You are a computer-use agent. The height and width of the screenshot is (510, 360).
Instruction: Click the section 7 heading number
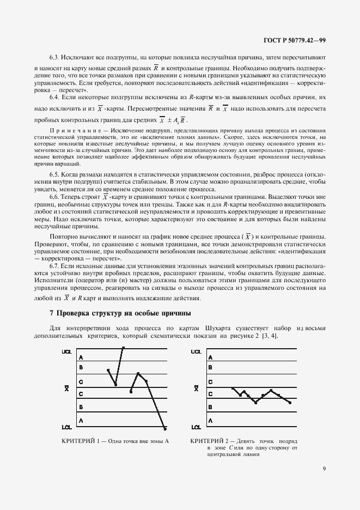(51, 314)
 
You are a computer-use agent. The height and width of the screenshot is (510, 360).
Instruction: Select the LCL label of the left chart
(67, 427)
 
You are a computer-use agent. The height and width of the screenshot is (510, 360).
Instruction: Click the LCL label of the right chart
(196, 427)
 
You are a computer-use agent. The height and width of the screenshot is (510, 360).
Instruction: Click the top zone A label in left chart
(81, 357)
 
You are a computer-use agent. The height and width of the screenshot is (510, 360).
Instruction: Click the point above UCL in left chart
(124, 347)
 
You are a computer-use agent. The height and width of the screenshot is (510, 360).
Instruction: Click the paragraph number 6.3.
(55, 57)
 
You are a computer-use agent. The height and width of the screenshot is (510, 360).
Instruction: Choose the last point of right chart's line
(290, 403)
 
